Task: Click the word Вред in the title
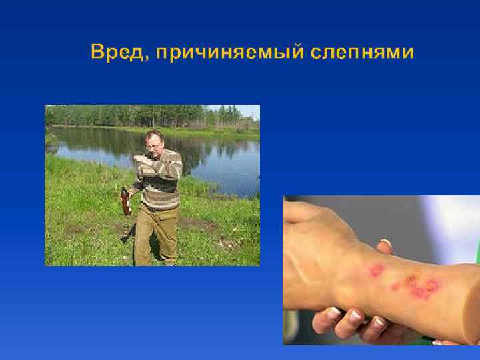(x=115, y=52)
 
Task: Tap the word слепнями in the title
(x=362, y=53)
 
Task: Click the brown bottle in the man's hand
(x=125, y=203)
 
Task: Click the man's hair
(x=154, y=133)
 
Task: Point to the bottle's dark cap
(x=123, y=191)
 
